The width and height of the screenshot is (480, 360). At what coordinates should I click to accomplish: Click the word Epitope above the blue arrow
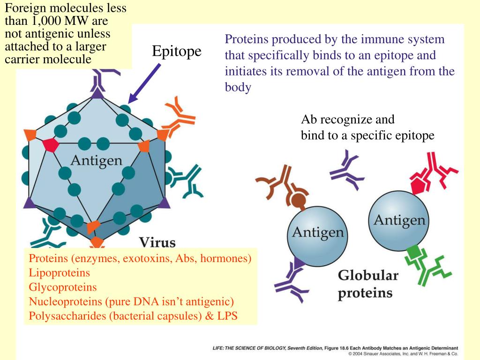click(x=176, y=52)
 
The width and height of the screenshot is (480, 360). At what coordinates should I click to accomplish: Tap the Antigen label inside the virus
click(x=96, y=160)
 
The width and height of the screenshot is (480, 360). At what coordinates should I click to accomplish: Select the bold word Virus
click(x=157, y=243)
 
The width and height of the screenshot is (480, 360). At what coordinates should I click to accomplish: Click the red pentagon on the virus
click(x=50, y=144)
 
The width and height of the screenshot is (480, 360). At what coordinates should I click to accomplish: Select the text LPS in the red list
click(x=227, y=316)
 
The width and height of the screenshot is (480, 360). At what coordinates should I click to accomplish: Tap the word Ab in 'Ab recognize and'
click(x=309, y=120)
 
